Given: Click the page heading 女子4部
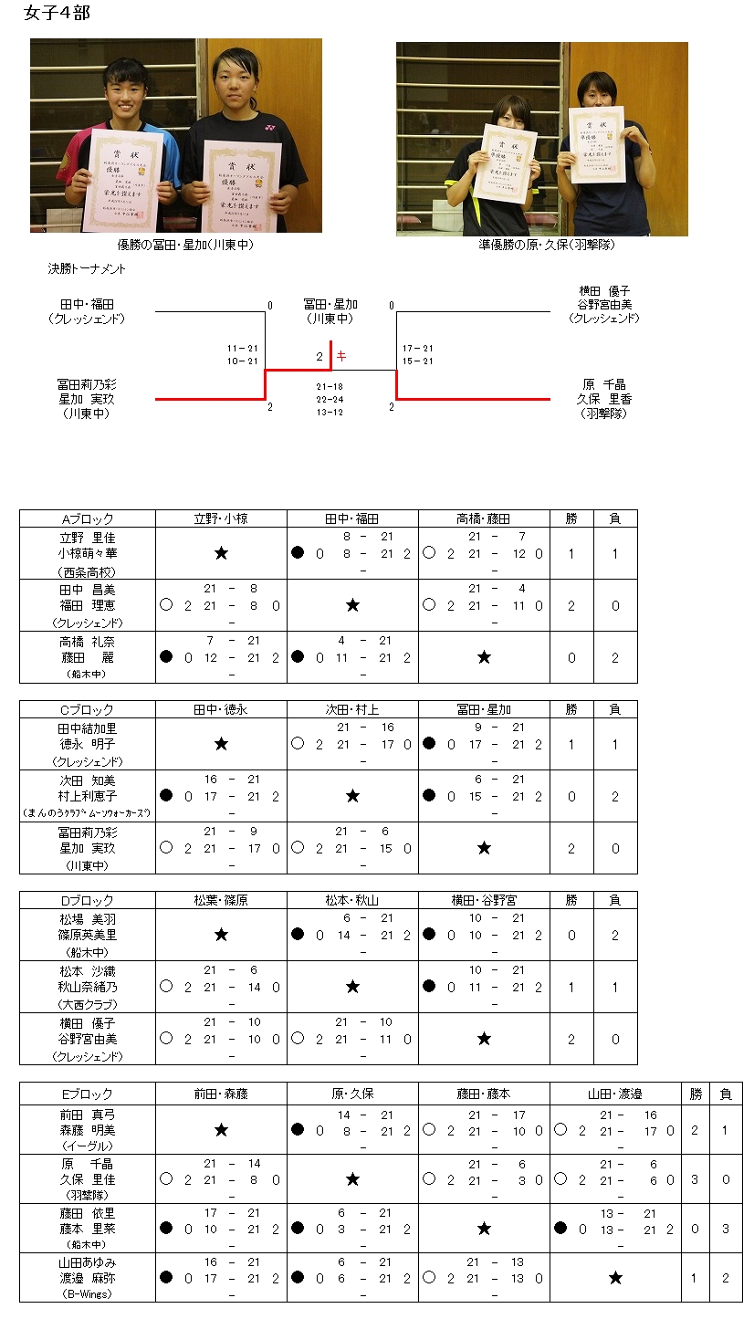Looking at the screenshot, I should [57, 13].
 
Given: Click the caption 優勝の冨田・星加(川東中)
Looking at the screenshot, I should [185, 244].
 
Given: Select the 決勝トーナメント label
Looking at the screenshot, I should [88, 269].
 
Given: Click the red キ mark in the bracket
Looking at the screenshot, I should [341, 356].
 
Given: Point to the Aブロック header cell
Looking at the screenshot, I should [88, 518].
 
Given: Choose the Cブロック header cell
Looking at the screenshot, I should [88, 709].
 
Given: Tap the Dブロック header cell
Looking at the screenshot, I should [88, 900].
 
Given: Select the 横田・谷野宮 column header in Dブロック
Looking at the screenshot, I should [484, 900].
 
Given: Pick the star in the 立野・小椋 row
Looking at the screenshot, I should [221, 553].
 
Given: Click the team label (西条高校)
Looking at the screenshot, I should [88, 571].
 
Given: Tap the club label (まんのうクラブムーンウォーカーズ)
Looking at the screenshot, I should [88, 812].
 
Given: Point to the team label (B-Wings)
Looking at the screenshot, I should [88, 1294].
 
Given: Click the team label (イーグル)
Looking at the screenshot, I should [88, 1146].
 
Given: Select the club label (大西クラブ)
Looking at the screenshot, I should [88, 1003].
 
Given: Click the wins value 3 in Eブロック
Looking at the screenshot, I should [696, 1179].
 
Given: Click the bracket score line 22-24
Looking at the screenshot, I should [330, 400].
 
